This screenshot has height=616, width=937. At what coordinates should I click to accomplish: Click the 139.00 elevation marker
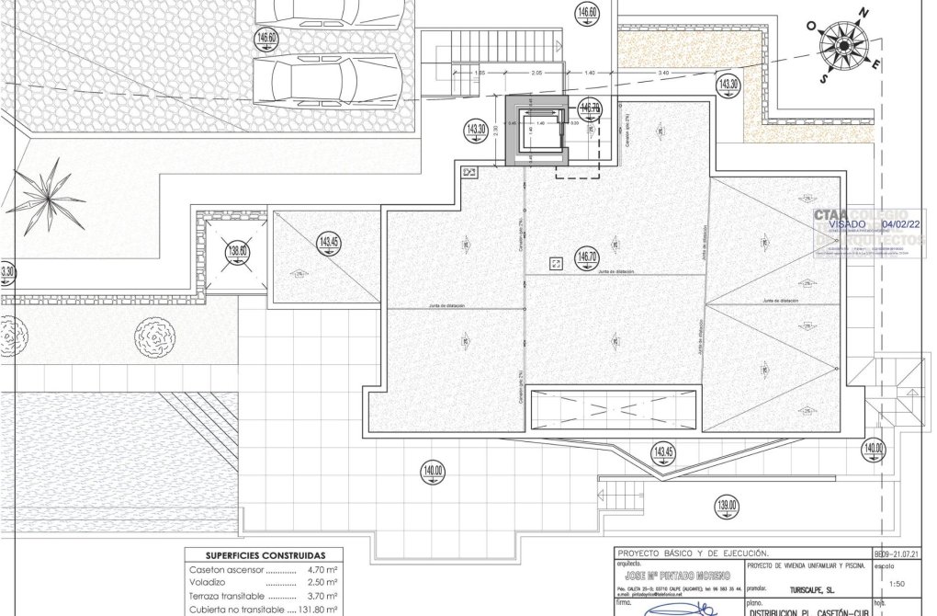[727, 505]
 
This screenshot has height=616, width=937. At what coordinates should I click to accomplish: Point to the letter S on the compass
[824, 78]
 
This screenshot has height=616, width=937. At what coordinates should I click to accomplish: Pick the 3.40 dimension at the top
[663, 72]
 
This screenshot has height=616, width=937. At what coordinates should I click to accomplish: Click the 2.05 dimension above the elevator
[537, 72]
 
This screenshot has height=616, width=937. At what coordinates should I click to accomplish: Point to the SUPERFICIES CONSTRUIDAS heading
[265, 556]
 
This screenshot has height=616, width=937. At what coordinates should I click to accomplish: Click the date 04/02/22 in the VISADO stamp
[901, 223]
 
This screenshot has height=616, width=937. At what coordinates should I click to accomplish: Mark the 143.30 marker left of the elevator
[476, 130]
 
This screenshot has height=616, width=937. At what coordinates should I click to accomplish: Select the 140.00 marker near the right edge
[873, 449]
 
